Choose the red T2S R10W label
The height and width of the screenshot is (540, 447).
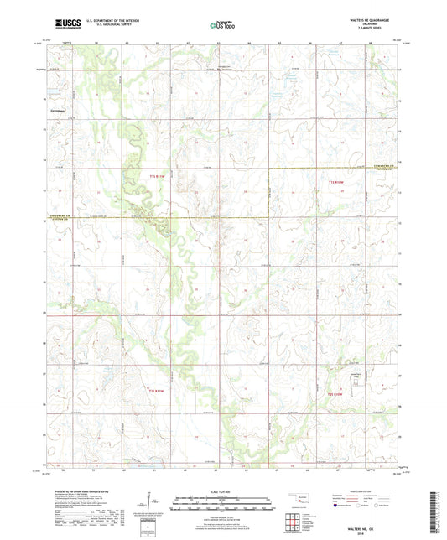tap(337, 392)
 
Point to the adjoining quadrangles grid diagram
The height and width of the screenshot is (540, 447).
tap(294, 519)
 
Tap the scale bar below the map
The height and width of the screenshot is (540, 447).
tap(223, 505)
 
